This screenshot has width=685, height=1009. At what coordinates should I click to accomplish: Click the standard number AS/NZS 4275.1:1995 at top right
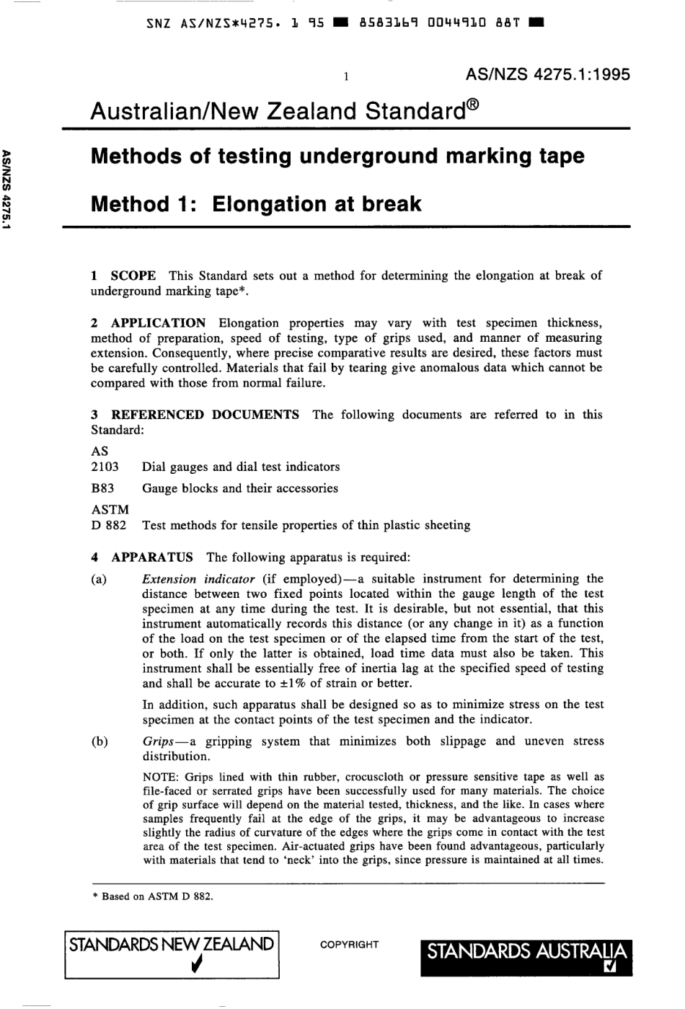pyautogui.click(x=548, y=74)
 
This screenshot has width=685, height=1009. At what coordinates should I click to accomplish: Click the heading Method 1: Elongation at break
pyautogui.click(x=256, y=204)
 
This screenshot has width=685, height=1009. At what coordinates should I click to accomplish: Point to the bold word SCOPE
pyautogui.click(x=133, y=276)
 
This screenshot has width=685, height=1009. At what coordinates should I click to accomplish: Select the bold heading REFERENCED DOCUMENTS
pyautogui.click(x=205, y=415)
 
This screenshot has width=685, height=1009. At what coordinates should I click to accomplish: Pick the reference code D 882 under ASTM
pyautogui.click(x=108, y=525)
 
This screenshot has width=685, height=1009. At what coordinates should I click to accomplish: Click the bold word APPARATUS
pyautogui.click(x=151, y=557)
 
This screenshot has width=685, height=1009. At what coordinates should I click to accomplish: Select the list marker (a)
pyautogui.click(x=99, y=579)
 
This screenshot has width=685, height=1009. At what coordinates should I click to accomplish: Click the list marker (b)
pyautogui.click(x=99, y=741)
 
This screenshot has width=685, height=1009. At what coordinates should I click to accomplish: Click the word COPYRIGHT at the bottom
pyautogui.click(x=349, y=945)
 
